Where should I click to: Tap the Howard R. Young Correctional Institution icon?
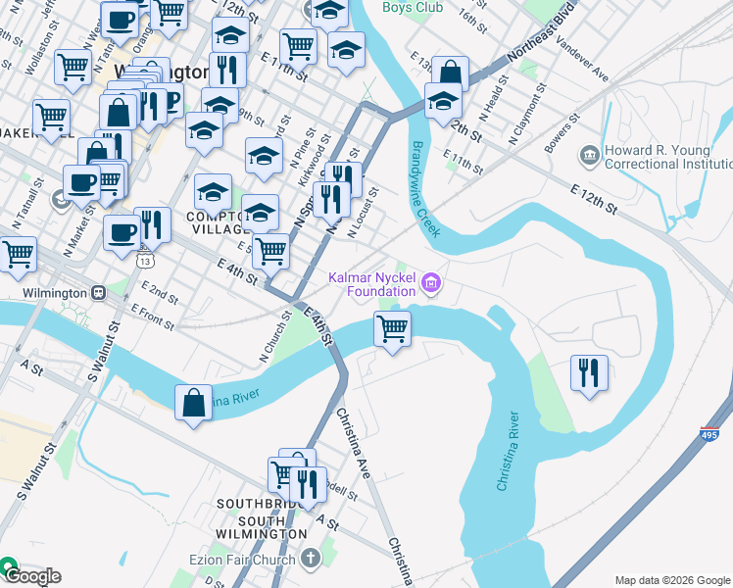(589, 155)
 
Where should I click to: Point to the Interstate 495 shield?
(709, 432)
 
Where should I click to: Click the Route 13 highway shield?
(145, 262)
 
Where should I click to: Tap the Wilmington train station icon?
(98, 293)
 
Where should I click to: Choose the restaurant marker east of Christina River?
(589, 372)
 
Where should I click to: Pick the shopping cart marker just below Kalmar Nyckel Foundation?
(393, 328)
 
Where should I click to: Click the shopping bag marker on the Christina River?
(194, 402)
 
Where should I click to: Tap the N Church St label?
(276, 337)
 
